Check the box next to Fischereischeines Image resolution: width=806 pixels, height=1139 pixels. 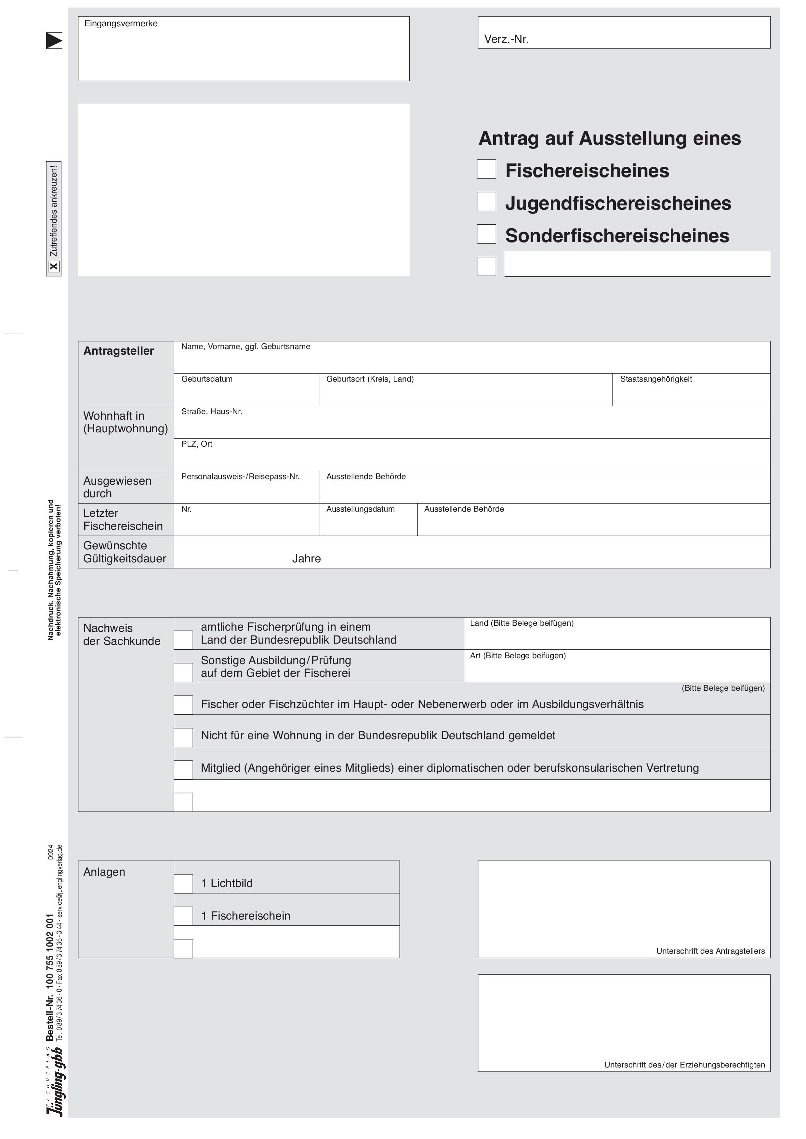coord(486,169)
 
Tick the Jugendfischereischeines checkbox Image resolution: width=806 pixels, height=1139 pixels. coord(486,202)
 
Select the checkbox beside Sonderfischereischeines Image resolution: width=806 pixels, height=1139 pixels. coord(486,234)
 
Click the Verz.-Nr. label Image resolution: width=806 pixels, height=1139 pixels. coord(506,40)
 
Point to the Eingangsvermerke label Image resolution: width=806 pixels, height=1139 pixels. coord(121,24)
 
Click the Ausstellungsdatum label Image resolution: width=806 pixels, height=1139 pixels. coord(360,509)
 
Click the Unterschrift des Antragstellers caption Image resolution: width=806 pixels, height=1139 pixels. coord(710,951)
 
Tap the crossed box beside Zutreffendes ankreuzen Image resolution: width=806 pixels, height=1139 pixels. coord(54,267)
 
